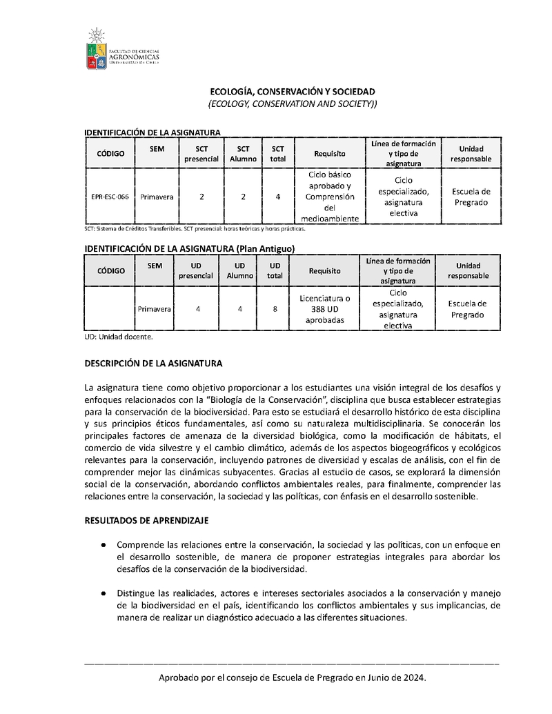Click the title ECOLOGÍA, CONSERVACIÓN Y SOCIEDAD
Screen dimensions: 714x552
[293, 91]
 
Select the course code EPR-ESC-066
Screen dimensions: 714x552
[110, 197]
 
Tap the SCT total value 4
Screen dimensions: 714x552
[277, 197]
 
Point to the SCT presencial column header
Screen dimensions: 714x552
[201, 153]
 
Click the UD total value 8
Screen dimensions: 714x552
[275, 309]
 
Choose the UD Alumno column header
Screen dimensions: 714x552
[239, 270]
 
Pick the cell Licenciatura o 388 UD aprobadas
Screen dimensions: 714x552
[325, 310]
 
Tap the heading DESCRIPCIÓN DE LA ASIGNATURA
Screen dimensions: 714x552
[153, 363]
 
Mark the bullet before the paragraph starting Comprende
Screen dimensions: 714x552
[103, 545]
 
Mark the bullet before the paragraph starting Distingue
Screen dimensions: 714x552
[103, 593]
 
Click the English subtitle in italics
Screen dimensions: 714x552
[293, 103]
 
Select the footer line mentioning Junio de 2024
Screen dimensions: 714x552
[293, 678]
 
